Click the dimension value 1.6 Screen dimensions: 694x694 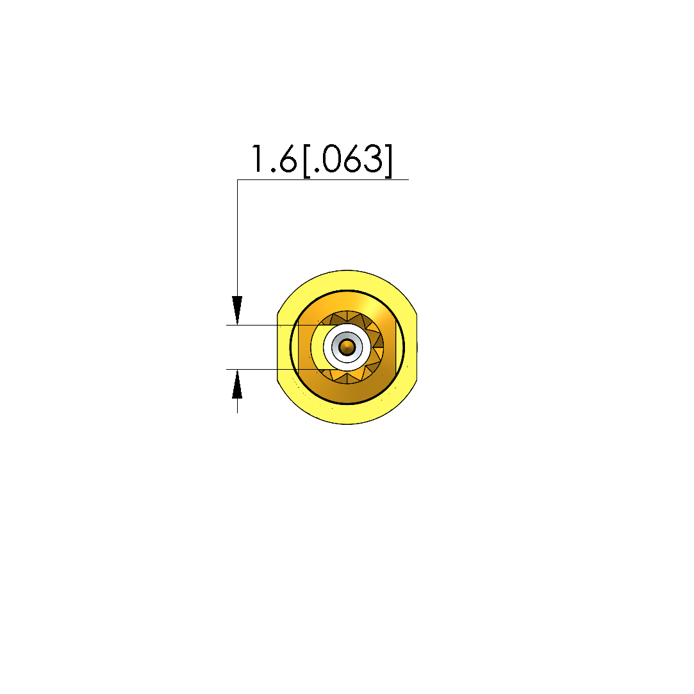274,158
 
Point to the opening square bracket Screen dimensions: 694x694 308,161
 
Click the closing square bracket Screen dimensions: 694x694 388,161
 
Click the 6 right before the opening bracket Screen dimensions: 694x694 288,159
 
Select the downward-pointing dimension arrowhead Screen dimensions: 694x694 237,310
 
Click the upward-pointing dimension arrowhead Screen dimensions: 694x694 237,384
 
